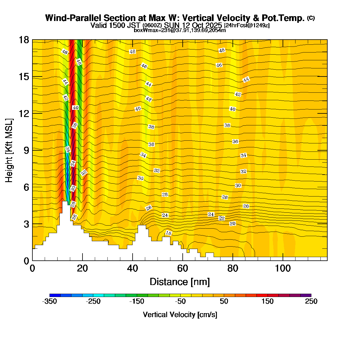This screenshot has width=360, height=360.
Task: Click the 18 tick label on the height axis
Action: pyautogui.click(x=24, y=40)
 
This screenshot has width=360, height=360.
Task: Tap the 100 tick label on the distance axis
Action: pyautogui.click(x=283, y=268)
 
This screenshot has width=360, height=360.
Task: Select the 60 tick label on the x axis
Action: pyautogui.click(x=183, y=268)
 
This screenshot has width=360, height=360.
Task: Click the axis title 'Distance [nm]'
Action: pyautogui.click(x=180, y=282)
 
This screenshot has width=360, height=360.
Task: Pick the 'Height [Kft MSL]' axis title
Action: pyautogui.click(x=9, y=150)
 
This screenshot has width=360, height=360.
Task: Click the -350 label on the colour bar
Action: pyautogui.click(x=49, y=301)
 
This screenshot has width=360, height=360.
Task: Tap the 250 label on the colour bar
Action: pyautogui.click(x=311, y=301)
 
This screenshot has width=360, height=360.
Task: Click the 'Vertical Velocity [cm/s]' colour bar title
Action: pyautogui.click(x=180, y=315)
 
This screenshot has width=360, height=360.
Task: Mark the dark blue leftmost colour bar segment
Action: pyautogui.click(x=55, y=295)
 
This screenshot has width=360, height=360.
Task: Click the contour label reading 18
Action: pyautogui.click(x=169, y=233)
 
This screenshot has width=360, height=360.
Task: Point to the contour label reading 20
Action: pyautogui.click(x=232, y=224)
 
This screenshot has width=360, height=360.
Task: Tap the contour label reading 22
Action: pyautogui.click(x=222, y=218)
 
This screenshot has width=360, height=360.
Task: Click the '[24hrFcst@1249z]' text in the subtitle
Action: pyautogui.click(x=247, y=25)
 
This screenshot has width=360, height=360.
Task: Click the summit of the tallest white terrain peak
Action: pyautogui.click(x=65, y=202)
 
